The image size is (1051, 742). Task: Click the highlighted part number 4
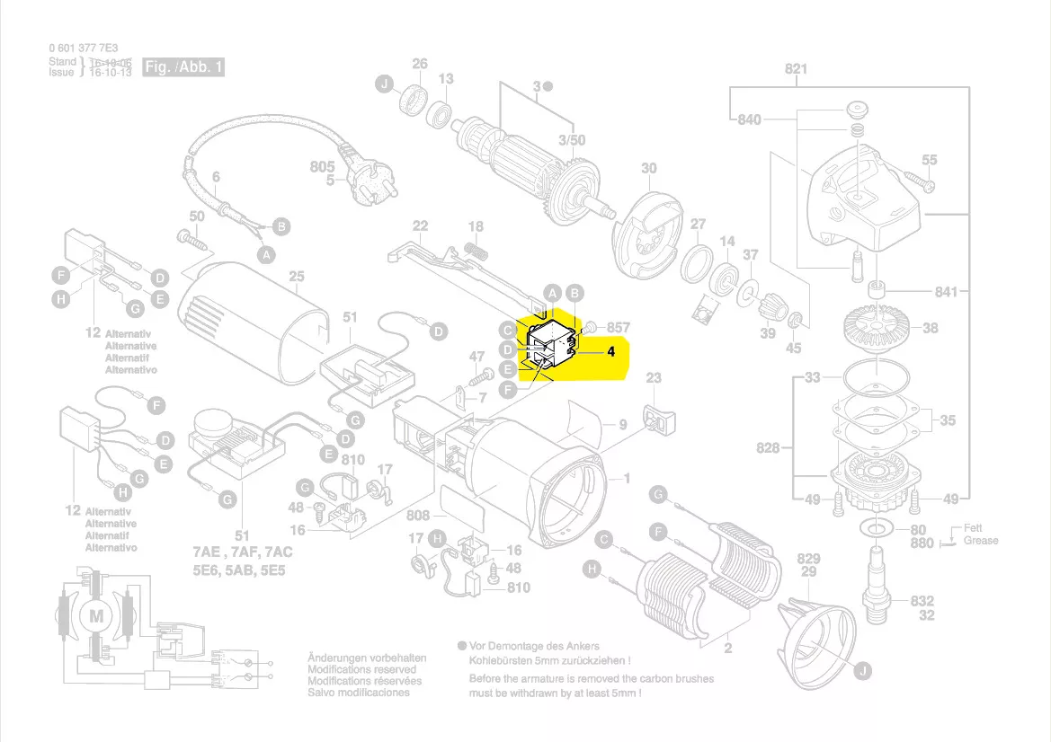610,352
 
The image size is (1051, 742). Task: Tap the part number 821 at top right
796,69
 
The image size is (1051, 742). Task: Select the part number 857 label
619,328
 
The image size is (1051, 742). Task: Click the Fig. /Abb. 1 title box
183,66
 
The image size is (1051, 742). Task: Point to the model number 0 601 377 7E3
84,48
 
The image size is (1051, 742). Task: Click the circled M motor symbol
94,615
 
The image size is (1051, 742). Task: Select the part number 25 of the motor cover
297,277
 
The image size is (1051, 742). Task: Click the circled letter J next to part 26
384,84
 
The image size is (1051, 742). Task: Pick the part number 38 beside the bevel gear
930,328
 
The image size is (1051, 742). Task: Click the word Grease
981,541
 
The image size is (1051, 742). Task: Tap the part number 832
922,601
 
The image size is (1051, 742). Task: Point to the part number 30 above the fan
648,168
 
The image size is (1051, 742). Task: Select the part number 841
945,292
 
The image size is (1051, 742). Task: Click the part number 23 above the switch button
654,378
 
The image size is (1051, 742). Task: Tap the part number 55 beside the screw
929,160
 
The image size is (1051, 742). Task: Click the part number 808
418,516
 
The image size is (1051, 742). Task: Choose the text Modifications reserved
361,669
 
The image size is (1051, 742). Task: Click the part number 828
768,446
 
